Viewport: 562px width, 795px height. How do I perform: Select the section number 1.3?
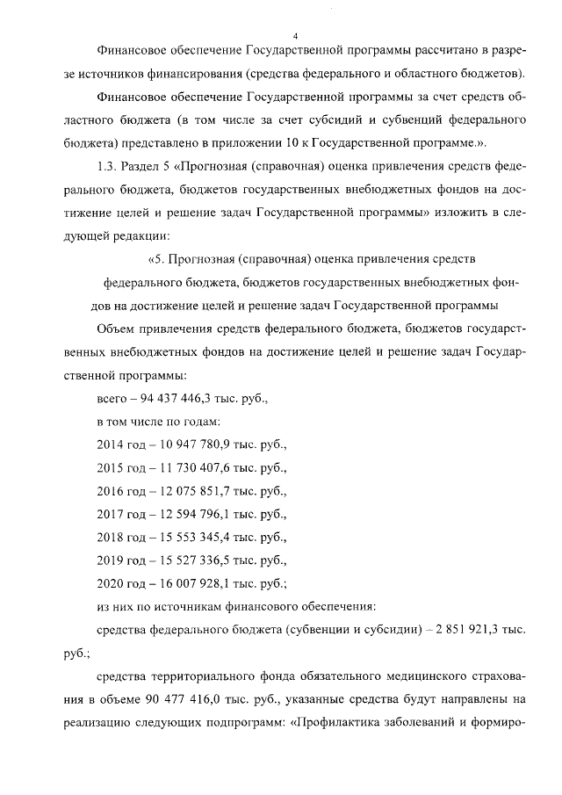pyautogui.click(x=107, y=167)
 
